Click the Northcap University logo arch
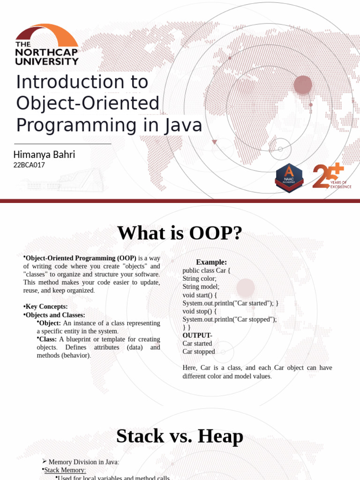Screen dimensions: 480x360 (x=47, y=34)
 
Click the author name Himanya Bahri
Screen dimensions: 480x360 (x=45, y=154)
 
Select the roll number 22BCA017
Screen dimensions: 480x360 (x=29, y=165)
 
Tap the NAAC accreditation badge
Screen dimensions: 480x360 (x=289, y=178)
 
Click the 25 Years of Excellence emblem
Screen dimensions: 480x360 (x=330, y=176)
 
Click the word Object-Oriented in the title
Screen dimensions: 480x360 (x=88, y=104)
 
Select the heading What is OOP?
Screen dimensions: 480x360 (x=180, y=233)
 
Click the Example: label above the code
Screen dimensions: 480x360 (x=211, y=262)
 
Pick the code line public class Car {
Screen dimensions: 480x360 (x=207, y=270)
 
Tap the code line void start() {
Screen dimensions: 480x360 (x=200, y=295)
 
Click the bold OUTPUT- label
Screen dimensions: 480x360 (x=197, y=335)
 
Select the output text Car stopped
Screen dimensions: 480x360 (x=199, y=352)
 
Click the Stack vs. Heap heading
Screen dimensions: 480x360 (x=180, y=436)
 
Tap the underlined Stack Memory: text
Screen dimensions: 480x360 (x=65, y=470)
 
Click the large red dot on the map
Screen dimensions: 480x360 (x=303, y=85)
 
